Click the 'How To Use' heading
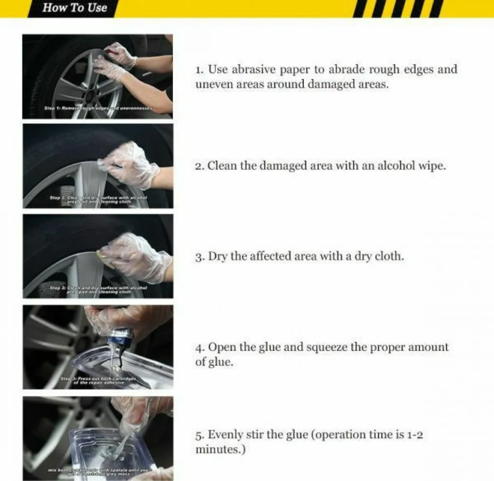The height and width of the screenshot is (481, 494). pyautogui.click(x=75, y=8)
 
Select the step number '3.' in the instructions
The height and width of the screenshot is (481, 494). pyautogui.click(x=200, y=257)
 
